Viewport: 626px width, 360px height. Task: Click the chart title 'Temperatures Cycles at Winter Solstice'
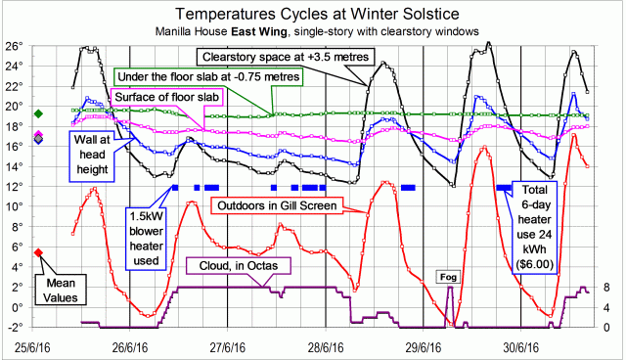pos(313,13)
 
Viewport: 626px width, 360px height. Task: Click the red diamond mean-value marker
pos(38,252)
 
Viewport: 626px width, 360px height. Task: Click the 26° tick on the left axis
pos(13,46)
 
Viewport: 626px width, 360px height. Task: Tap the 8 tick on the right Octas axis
pos(607,287)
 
